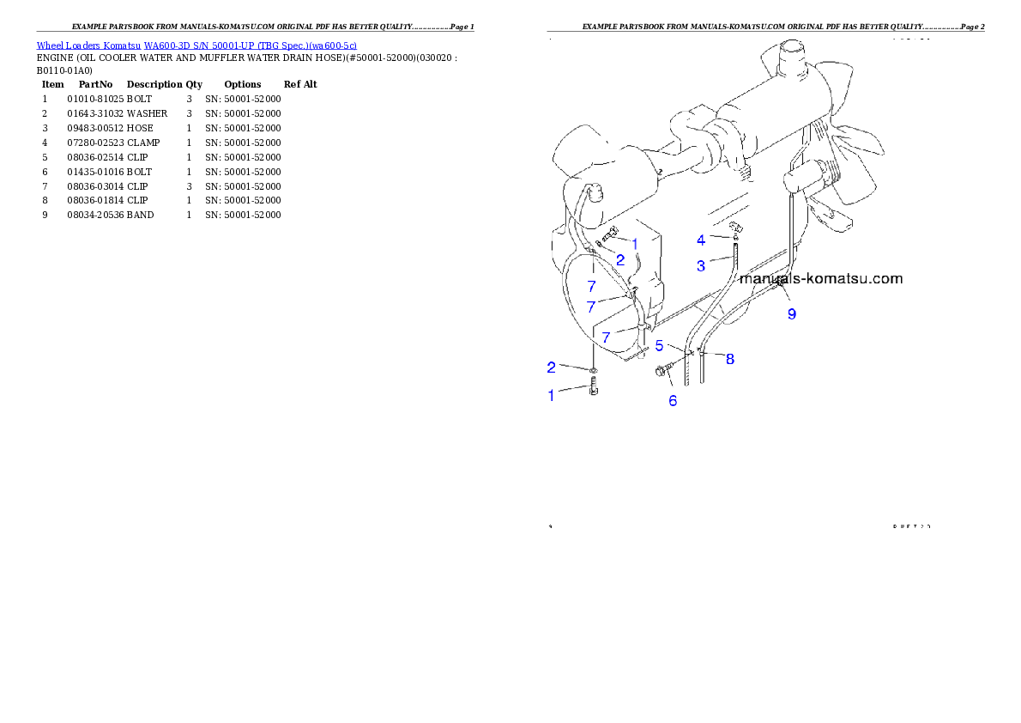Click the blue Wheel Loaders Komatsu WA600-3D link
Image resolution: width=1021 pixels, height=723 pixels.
coord(196,46)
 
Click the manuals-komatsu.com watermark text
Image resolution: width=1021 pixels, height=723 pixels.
coord(820,278)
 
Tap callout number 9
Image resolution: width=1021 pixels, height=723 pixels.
coord(792,314)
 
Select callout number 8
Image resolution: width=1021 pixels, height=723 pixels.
coord(730,359)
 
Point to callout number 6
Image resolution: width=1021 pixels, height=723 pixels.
coord(673,400)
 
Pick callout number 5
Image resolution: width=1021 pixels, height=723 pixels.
coord(660,345)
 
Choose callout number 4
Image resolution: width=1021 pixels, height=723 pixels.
coord(701,240)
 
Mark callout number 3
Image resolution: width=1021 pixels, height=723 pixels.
coord(701,266)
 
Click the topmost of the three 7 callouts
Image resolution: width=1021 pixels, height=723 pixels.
coord(591,287)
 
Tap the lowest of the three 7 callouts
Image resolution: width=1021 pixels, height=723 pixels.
coord(606,337)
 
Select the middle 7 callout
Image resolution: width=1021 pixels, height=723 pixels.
coord(590,307)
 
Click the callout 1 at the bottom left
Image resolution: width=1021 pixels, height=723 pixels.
coord(552,395)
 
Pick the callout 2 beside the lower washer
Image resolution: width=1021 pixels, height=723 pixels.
coord(552,368)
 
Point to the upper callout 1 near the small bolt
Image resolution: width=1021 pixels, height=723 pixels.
coord(635,244)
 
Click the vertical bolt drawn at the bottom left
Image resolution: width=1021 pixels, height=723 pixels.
coord(595,391)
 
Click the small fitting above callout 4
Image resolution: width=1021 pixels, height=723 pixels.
coord(734,228)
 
